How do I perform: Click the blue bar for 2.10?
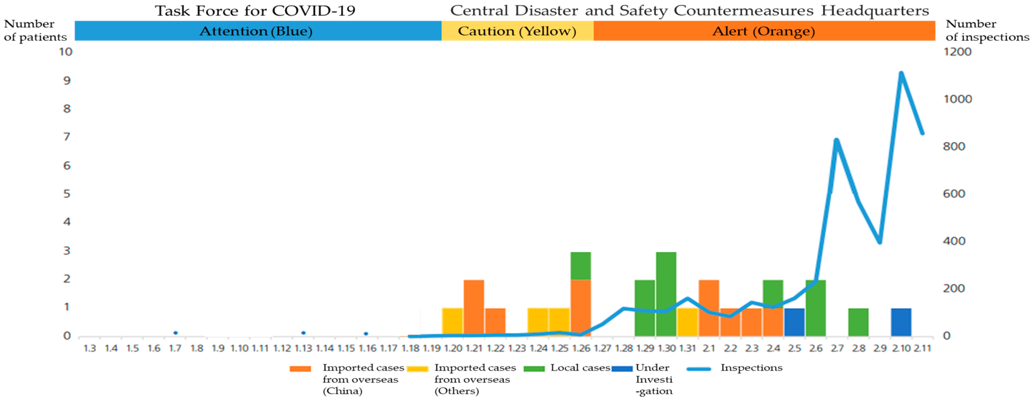coord(901,322)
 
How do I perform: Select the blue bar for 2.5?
coord(794,322)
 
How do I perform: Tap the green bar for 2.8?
coord(859,322)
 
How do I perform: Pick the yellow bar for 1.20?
coord(452,322)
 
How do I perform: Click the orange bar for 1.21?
coord(474,308)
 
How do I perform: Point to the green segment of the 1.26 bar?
coord(581,266)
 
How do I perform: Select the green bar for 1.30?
coord(666,294)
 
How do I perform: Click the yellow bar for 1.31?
coord(687,322)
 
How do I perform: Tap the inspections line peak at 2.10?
coord(901,73)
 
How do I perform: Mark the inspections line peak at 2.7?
coord(836,140)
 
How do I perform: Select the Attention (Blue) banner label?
coord(256,31)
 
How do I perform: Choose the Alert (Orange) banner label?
coord(763,31)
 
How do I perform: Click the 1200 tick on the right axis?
coord(957,52)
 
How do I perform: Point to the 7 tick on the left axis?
coord(66,137)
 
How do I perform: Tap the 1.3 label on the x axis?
coord(89,348)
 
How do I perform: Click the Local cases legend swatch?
coord(534,369)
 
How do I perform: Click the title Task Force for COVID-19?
coord(255,11)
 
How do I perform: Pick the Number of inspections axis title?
coord(987,30)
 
